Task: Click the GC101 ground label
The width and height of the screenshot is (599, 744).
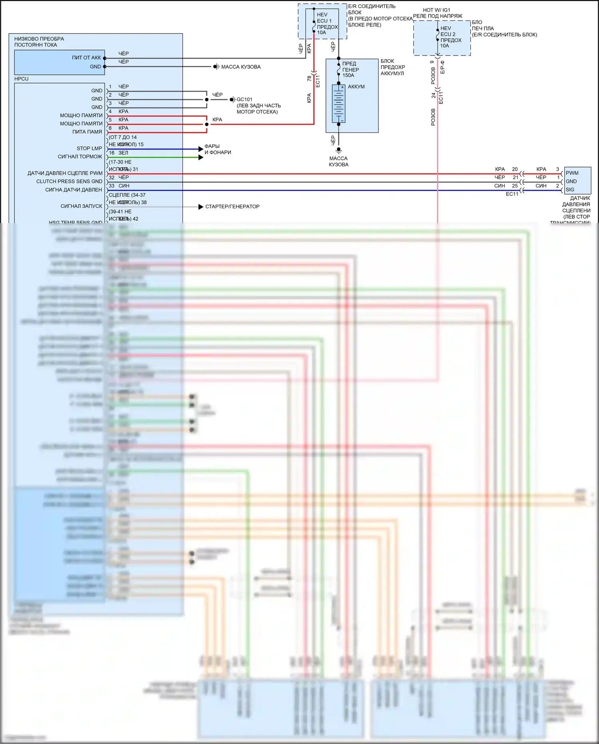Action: pos(244,100)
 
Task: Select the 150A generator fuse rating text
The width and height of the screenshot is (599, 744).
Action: pos(348,75)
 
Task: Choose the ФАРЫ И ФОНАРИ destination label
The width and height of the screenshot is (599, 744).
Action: pos(218,149)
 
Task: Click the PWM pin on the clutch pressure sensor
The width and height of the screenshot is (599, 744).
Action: pos(572,173)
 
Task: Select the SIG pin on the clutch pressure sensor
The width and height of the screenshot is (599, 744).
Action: pos(570,189)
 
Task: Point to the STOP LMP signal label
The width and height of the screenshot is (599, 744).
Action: pos(89,148)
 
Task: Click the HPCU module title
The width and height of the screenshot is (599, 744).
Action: pos(22,79)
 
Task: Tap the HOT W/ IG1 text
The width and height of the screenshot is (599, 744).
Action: pos(436,10)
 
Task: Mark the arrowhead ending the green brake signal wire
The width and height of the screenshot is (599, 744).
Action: pos(201,157)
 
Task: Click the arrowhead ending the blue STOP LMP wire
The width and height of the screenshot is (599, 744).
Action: pos(201,149)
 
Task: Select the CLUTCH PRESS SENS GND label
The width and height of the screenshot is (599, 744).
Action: pos(69,182)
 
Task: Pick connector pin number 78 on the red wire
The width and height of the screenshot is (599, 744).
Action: pos(309,78)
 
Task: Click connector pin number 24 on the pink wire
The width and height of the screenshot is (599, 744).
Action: pos(433,96)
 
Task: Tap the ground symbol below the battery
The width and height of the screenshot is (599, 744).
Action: pos(339,150)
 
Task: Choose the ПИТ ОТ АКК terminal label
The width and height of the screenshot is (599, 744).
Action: pos(86,58)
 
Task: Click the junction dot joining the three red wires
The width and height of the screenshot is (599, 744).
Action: pos(206,124)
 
